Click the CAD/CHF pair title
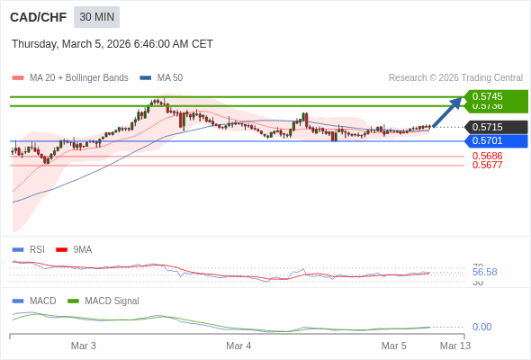37,17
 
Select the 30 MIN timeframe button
96,17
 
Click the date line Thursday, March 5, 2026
112,44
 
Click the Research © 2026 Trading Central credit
455,78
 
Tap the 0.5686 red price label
487,156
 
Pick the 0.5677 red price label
487,165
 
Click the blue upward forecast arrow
447,112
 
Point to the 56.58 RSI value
484,272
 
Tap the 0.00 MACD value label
481,327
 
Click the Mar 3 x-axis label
84,346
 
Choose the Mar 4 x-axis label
238,346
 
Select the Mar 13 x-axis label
454,346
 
